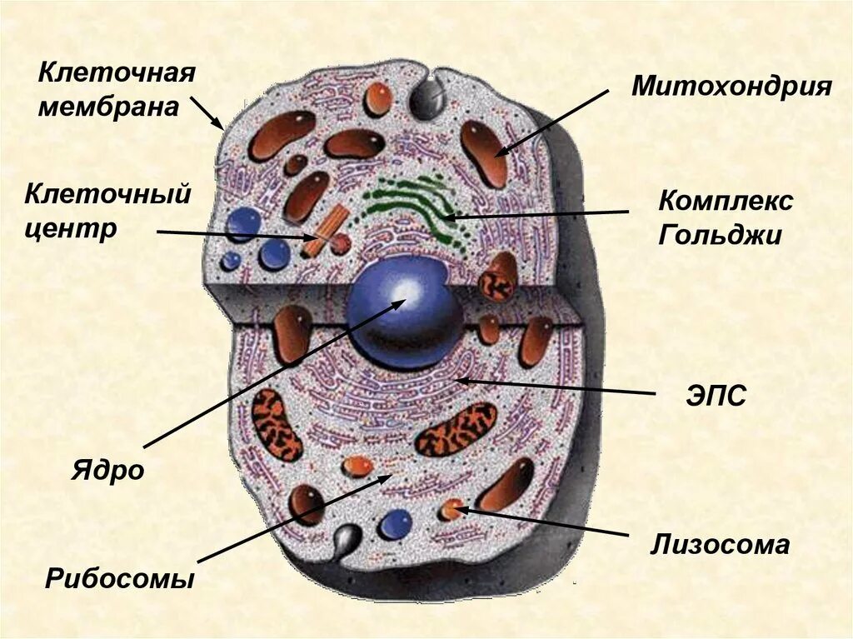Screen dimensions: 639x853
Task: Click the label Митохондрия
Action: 731,86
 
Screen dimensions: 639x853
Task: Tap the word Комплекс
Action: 726,201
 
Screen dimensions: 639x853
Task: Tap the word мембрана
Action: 108,107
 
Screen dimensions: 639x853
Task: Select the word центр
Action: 71,228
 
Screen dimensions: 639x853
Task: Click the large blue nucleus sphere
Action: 404,311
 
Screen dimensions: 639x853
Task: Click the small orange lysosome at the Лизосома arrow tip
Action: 451,508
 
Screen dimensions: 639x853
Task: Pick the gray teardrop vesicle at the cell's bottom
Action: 346,540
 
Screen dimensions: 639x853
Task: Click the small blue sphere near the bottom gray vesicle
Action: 394,524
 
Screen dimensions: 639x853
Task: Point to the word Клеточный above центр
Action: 108,196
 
